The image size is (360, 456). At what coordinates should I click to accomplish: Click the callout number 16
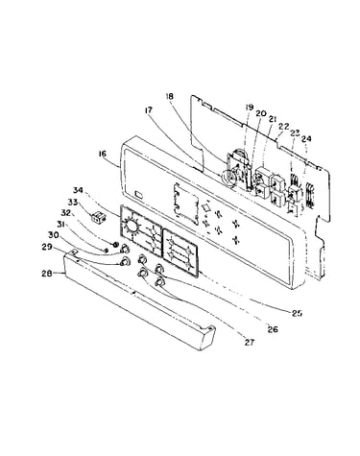click(x=103, y=154)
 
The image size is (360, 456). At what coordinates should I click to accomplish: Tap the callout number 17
click(x=149, y=110)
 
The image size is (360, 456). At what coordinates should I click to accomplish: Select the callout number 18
click(x=170, y=96)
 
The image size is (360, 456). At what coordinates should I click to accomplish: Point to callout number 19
click(x=250, y=108)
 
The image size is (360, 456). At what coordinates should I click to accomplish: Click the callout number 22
click(x=284, y=127)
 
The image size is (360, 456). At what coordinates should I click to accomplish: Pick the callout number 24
click(x=306, y=138)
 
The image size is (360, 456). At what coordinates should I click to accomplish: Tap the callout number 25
click(x=297, y=313)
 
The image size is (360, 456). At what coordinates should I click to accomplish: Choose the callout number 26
click(x=273, y=329)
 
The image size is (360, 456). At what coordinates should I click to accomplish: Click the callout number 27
click(x=250, y=343)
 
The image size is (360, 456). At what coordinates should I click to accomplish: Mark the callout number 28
click(x=47, y=274)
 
